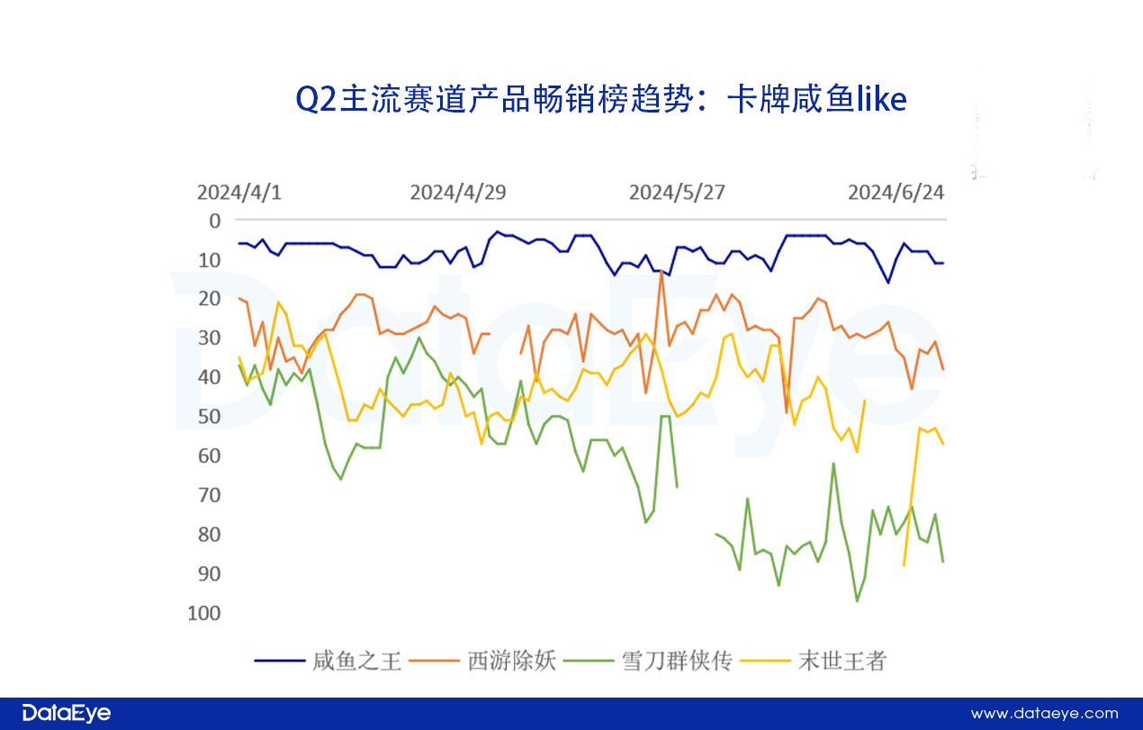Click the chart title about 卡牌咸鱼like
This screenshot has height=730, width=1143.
[x=600, y=100]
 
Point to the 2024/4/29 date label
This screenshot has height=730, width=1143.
[x=458, y=193]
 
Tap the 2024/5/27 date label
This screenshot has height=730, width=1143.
[x=677, y=193]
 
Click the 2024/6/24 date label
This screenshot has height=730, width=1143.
[x=896, y=193]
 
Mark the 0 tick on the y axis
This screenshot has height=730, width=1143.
[x=214, y=221]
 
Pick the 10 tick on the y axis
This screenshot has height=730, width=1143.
[x=210, y=260]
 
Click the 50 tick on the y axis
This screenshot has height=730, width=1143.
[x=210, y=417]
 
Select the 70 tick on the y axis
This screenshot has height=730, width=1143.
[x=210, y=495]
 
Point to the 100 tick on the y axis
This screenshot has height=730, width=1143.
[x=206, y=613]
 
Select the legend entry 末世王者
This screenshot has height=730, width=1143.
[x=842, y=662]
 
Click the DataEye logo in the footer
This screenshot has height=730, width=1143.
[x=67, y=714]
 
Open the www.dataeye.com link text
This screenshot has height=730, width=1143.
[x=1044, y=714]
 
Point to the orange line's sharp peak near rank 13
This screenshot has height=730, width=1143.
[x=661, y=271]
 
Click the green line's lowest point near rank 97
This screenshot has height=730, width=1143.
[x=857, y=601]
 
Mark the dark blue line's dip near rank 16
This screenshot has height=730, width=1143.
[x=888, y=283]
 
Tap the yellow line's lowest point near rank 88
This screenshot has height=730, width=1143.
[x=904, y=565]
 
